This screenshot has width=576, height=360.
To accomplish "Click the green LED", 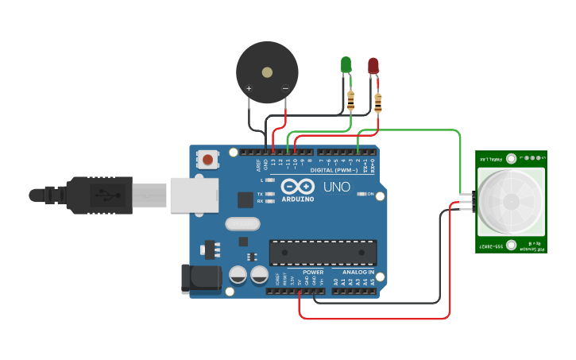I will [x=346, y=64].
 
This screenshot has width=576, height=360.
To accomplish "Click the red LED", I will [x=373, y=65].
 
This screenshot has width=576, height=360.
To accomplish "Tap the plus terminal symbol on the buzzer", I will [x=249, y=88].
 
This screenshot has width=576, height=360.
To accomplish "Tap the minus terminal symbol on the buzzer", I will [x=285, y=88].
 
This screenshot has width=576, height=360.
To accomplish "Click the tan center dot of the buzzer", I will [x=267, y=72].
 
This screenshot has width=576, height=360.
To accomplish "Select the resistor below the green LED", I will [x=351, y=100].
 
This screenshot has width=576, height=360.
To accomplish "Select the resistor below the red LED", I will [x=377, y=103].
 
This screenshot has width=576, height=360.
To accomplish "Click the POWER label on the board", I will [x=313, y=272].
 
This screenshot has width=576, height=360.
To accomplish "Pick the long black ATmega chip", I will [x=323, y=252].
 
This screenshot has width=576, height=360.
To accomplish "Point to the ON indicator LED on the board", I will [x=361, y=193].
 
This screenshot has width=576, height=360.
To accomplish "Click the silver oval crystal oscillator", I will [x=243, y=224].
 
